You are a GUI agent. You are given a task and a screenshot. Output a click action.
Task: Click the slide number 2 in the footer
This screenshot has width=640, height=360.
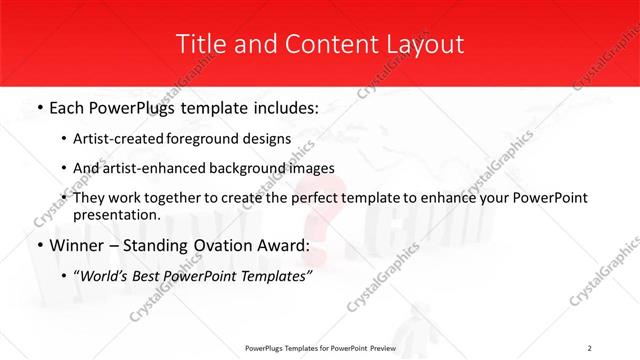[x=590, y=348]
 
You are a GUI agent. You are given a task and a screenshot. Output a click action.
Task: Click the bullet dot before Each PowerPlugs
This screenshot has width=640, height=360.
[x=38, y=105]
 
